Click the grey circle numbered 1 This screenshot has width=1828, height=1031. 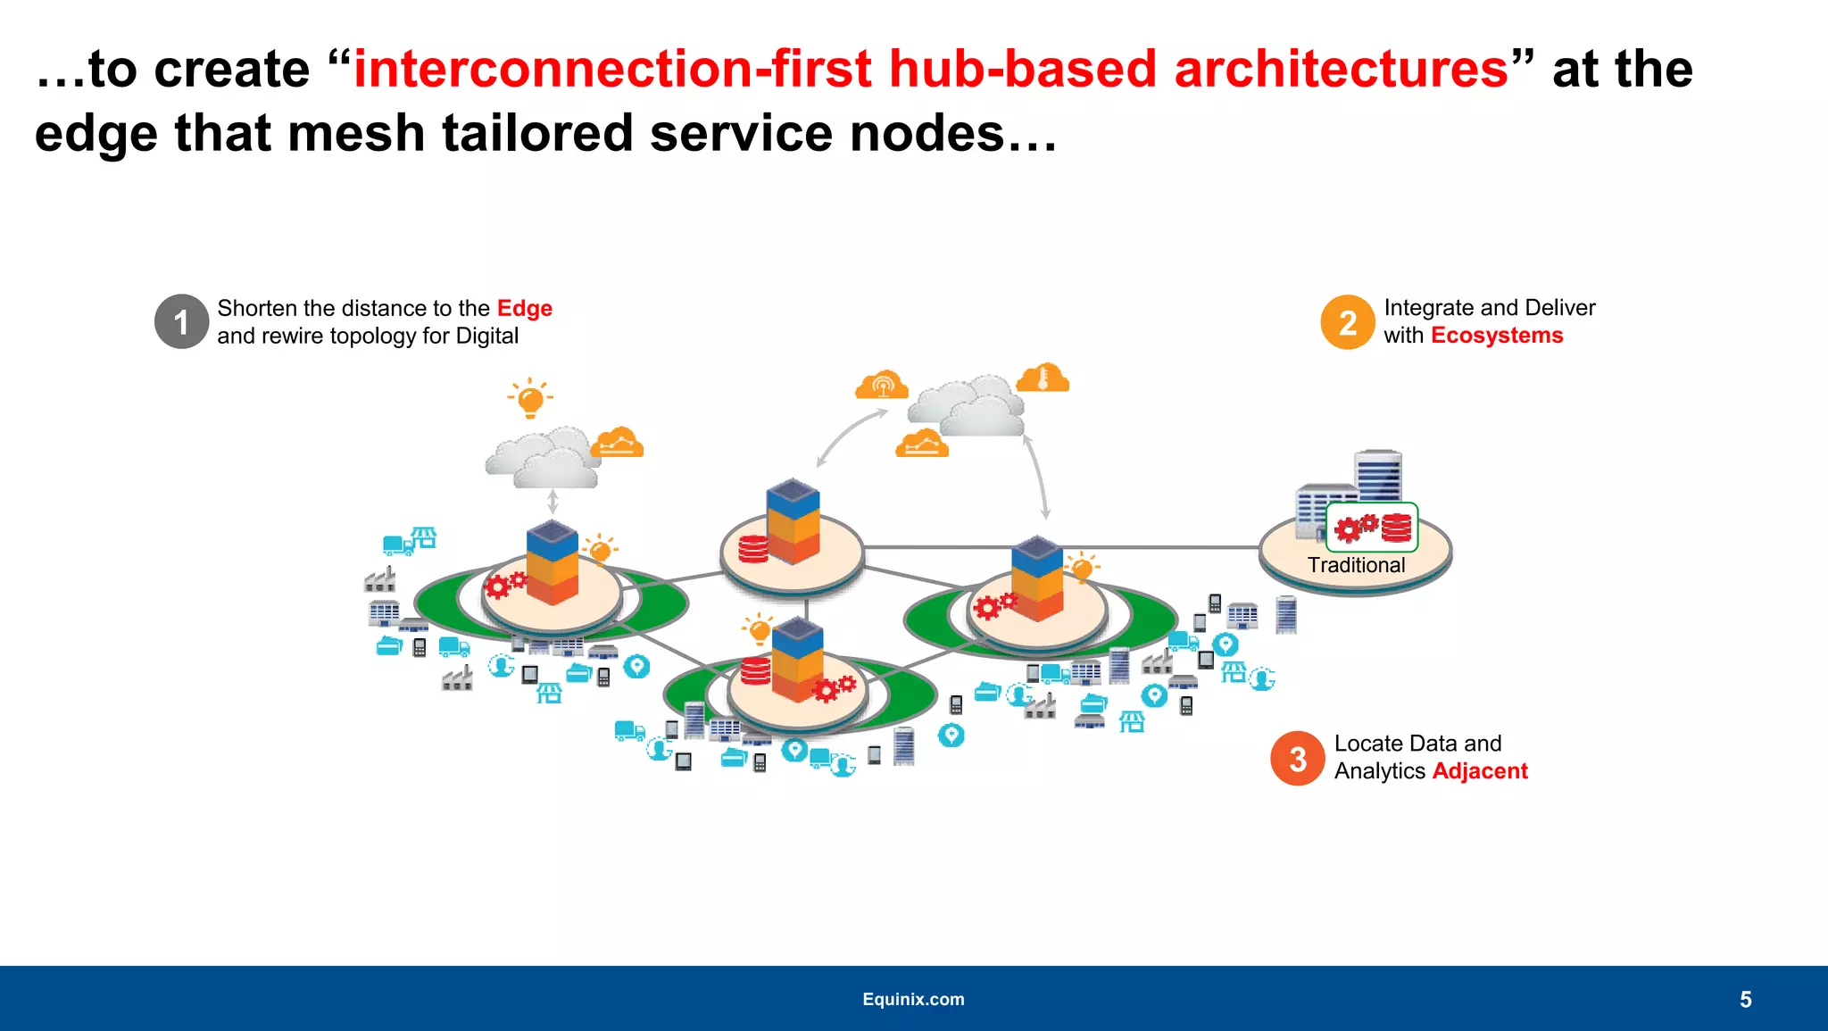pyautogui.click(x=181, y=321)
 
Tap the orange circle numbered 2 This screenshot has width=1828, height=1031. pyautogui.click(x=1347, y=322)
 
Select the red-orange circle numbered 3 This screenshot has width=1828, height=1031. pyautogui.click(x=1297, y=759)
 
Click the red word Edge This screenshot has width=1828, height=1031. pyautogui.click(x=524, y=308)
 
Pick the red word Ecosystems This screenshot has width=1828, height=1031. pyautogui.click(x=1496, y=336)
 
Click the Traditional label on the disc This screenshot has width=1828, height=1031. pyautogui.click(x=1356, y=565)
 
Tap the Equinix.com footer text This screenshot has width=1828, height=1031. pyautogui.click(x=913, y=999)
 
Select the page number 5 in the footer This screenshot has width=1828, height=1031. pyautogui.click(x=1745, y=1000)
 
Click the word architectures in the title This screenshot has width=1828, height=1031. pyautogui.click(x=1341, y=70)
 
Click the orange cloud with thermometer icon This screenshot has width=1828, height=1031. pyautogui.click(x=1043, y=378)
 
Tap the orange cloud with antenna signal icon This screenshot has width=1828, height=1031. pyautogui.click(x=882, y=385)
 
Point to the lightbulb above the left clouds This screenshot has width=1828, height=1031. pyautogui.click(x=530, y=398)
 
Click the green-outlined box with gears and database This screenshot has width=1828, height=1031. pyautogui.click(x=1372, y=528)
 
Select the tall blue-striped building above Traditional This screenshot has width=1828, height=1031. pyautogui.click(x=1377, y=477)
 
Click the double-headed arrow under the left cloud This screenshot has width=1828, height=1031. pyautogui.click(x=553, y=502)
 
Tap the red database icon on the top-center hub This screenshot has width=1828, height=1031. pyautogui.click(x=752, y=549)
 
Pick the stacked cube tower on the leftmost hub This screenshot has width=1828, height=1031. pyautogui.click(x=553, y=562)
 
